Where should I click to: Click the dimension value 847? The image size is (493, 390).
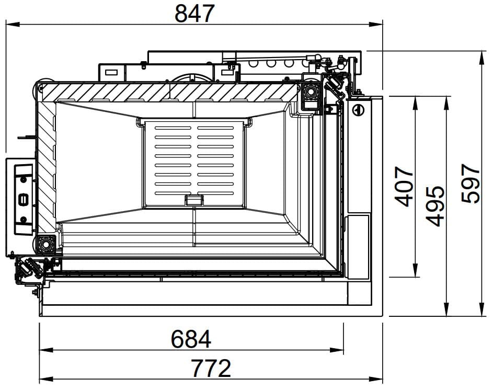click(194, 14)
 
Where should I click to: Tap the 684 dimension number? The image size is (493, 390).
click(191, 339)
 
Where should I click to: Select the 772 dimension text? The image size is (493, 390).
click(211, 368)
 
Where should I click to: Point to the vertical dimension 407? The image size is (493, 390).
click(404, 187)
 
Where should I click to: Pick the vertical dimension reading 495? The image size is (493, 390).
click(435, 207)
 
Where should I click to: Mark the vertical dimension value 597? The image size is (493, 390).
click(471, 183)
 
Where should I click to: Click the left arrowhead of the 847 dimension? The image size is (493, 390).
click(13, 24)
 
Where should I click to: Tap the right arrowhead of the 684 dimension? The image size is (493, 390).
click(337, 350)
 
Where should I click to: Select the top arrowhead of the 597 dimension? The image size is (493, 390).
click(481, 58)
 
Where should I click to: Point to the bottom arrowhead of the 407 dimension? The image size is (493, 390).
click(416, 270)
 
